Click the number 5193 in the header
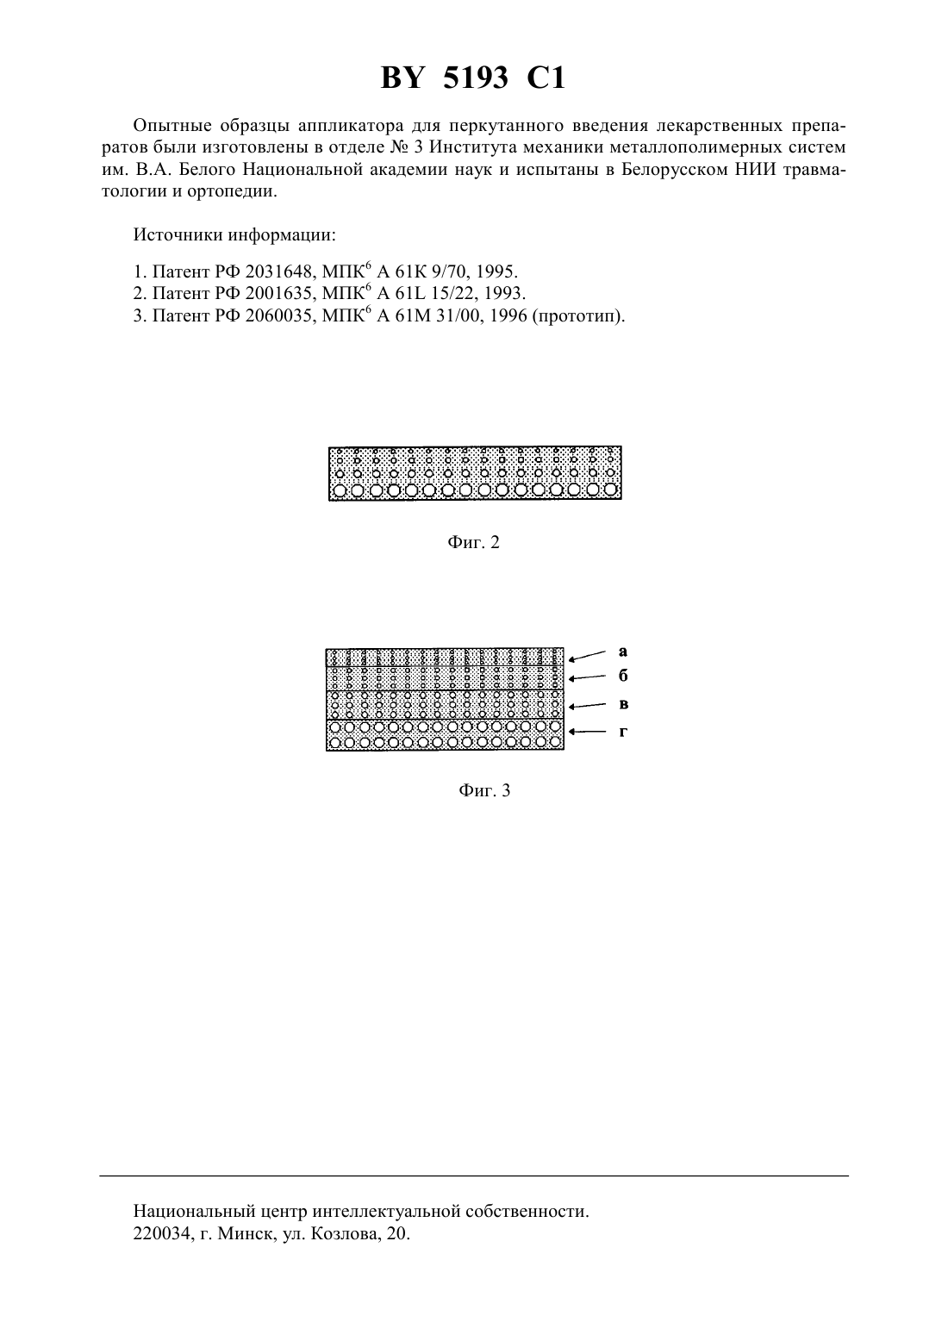[x=475, y=78]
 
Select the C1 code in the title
[x=546, y=78]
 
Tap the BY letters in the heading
[x=402, y=78]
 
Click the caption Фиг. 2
[x=473, y=542]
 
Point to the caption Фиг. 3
[x=484, y=791]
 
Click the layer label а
[x=623, y=652]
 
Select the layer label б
[x=623, y=676]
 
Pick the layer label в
[x=623, y=704]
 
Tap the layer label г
[x=623, y=732]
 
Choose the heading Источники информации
[x=234, y=234]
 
